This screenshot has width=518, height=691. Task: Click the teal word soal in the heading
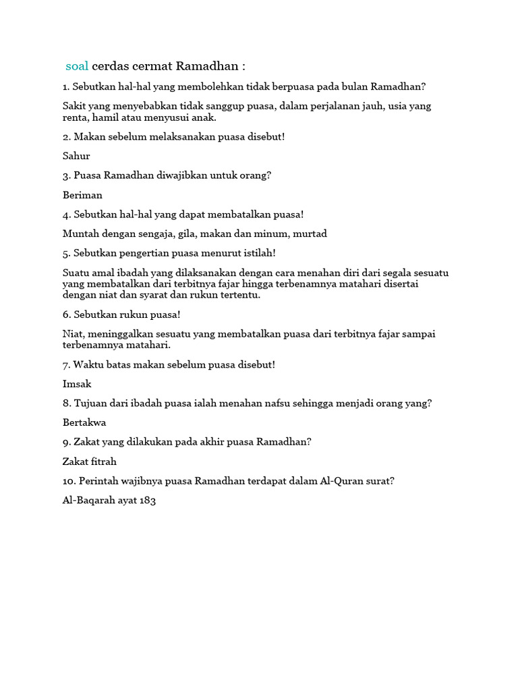click(77, 66)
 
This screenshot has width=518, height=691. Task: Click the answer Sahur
click(76, 156)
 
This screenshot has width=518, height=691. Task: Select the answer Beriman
click(82, 195)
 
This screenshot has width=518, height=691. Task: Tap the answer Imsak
click(77, 384)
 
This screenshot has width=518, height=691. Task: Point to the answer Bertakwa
click(84, 423)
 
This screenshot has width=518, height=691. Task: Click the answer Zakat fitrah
click(90, 462)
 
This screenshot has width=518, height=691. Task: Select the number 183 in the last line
click(148, 501)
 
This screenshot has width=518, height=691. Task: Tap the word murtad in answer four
click(310, 234)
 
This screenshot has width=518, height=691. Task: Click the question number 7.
click(65, 364)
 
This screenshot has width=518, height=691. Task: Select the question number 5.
click(65, 253)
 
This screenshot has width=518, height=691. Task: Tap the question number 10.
click(68, 481)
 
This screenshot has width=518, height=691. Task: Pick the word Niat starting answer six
click(73, 333)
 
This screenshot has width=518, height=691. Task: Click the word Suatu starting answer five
click(76, 273)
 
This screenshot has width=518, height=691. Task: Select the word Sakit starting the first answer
click(75, 106)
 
